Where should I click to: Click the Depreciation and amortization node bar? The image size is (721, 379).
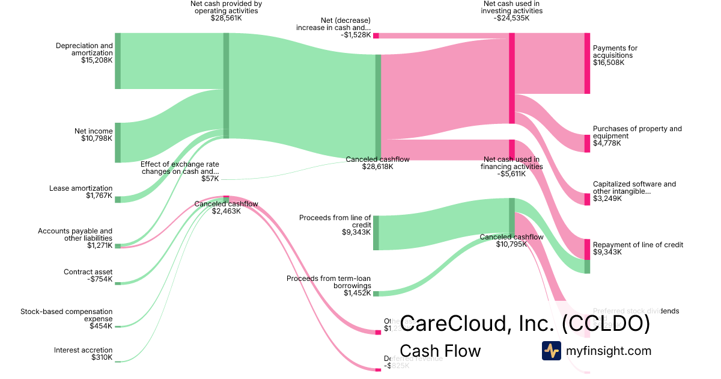pos(118,61)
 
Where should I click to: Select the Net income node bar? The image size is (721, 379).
pos(118,142)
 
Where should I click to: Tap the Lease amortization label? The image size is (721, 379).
pos(81,188)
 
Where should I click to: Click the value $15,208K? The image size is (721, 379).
pos(97,60)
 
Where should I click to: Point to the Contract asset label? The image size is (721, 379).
pos(88,272)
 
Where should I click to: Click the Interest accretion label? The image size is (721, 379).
pos(83,350)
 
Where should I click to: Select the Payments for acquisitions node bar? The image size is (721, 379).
pos(587,63)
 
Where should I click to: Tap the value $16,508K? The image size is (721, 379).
pos(609,63)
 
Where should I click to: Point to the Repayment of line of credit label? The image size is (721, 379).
pos(637,245)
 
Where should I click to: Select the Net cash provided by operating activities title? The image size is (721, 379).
pos(226,7)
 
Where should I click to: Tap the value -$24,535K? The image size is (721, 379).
pos(512,18)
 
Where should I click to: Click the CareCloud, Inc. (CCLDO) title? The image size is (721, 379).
pos(525,324)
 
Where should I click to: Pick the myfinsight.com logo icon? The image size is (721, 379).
pos(551,351)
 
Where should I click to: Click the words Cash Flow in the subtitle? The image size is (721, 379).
pos(440,351)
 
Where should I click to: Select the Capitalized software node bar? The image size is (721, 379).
pos(587,199)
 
